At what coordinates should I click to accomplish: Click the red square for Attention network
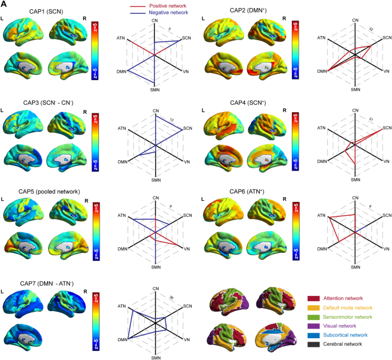pyautogui.click(x=312, y=299)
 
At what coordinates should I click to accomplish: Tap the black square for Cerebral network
pyautogui.click(x=312, y=345)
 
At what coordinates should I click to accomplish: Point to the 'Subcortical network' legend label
pyautogui.click(x=350, y=335)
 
